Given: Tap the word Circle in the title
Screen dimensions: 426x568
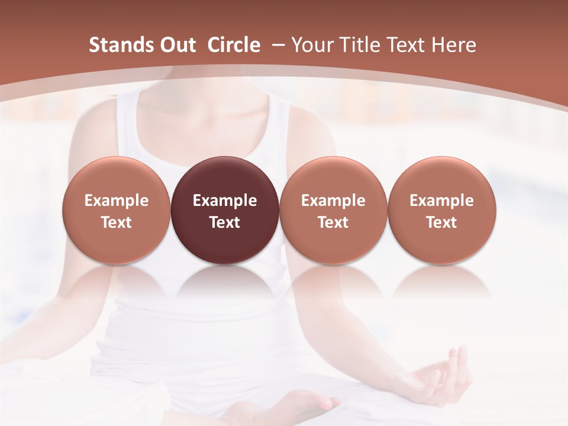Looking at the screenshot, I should (x=234, y=45).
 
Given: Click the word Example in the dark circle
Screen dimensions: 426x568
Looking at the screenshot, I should (x=225, y=201).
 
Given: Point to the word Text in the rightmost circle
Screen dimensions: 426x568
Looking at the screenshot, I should (x=441, y=222).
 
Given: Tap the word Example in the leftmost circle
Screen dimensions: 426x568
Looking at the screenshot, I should (x=117, y=201).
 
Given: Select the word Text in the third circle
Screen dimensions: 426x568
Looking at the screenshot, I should (x=333, y=222).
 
